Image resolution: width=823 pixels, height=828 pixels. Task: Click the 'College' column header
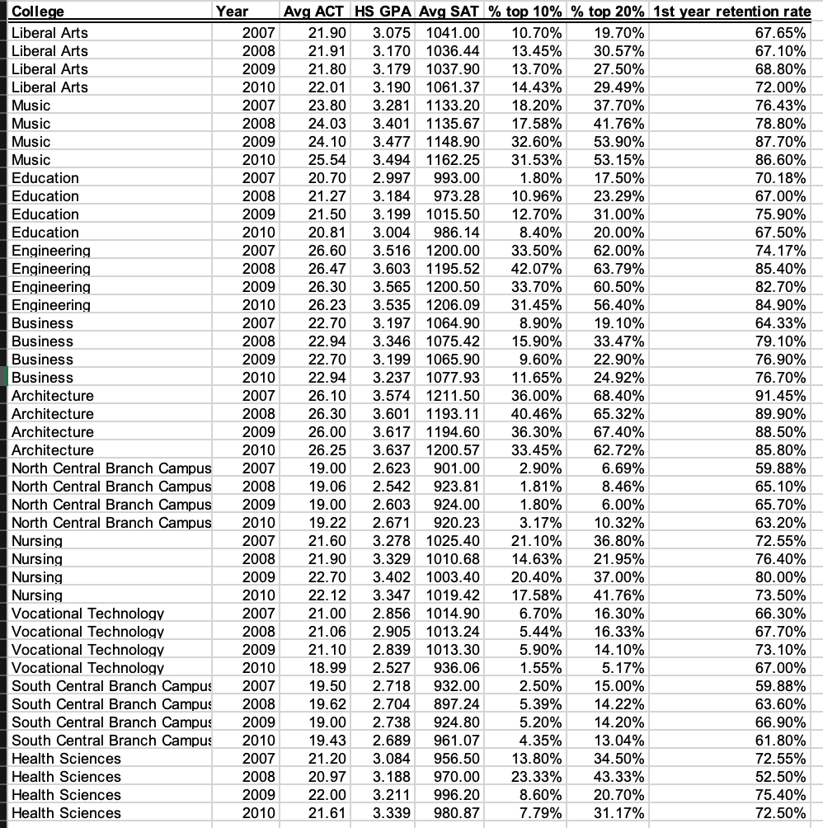tap(38, 12)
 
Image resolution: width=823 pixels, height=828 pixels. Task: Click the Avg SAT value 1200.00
tap(453, 251)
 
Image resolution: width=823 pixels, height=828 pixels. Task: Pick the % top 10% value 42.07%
tap(538, 269)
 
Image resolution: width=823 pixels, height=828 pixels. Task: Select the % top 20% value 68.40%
tap(618, 396)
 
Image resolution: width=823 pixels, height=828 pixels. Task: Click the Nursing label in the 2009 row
tap(37, 577)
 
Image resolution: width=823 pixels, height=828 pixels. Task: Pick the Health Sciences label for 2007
tap(66, 759)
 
